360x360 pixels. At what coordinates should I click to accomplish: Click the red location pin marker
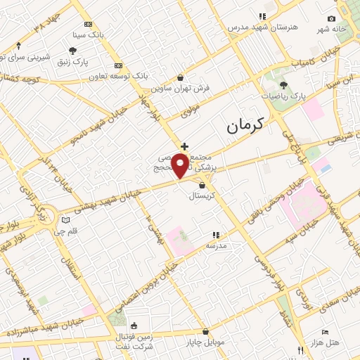pos(180,166)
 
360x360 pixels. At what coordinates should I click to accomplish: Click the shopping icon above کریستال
pos(202,186)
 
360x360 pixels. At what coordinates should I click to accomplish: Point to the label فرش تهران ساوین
pos(182,89)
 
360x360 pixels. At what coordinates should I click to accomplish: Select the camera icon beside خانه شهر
pos(331,19)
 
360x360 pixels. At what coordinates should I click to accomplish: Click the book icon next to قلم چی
pos(66,219)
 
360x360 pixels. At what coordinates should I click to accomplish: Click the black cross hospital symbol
pos(184,146)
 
